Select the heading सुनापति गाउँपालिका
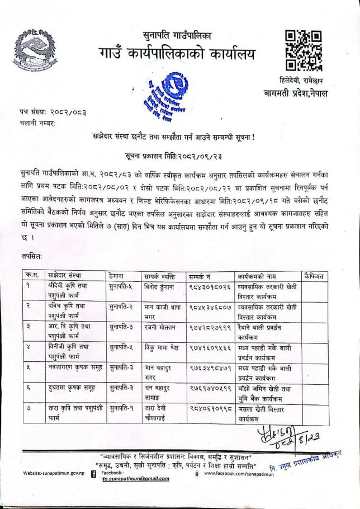(x=177, y=35)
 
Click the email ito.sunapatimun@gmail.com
(x=139, y=479)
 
